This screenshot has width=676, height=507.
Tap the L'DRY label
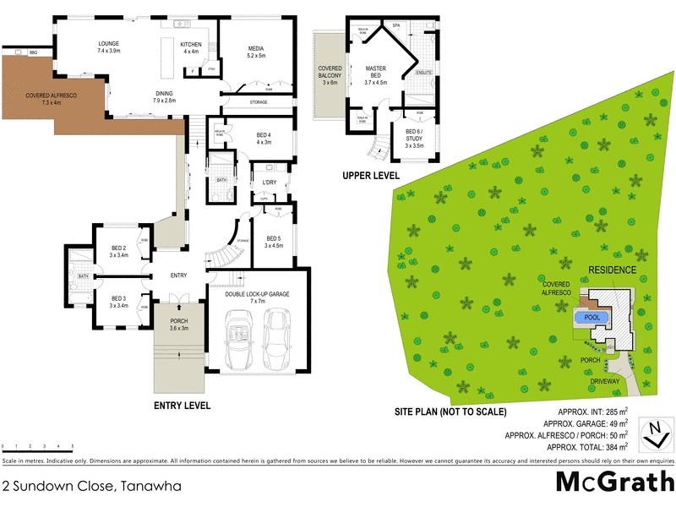[270, 183]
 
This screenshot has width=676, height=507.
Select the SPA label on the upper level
[395, 26]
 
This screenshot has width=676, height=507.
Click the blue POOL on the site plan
[591, 319]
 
